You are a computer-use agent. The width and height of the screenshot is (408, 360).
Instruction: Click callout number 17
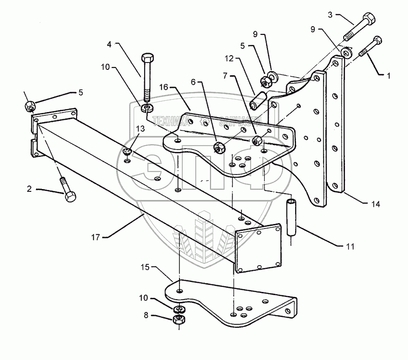click(96, 237)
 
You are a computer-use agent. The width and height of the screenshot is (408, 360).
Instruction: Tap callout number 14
click(375, 204)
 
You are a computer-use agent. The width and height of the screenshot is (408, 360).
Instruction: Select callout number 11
click(350, 246)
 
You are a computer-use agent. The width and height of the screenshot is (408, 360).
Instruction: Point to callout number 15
click(145, 267)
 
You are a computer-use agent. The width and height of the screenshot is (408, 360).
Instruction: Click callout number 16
click(164, 87)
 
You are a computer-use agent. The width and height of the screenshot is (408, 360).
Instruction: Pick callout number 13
click(140, 129)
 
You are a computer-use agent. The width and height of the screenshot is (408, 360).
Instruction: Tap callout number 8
click(146, 315)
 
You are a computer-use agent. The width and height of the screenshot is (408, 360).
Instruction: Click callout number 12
click(229, 58)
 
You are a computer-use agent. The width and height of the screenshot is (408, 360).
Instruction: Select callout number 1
click(389, 76)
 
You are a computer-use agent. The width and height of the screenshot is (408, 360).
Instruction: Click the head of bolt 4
click(147, 57)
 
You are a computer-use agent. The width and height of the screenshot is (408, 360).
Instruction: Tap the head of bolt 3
click(369, 18)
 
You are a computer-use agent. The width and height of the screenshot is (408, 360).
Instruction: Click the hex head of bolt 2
click(70, 196)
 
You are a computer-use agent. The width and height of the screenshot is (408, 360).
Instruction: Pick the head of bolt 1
click(378, 40)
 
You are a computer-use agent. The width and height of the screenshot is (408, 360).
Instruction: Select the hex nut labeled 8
click(179, 319)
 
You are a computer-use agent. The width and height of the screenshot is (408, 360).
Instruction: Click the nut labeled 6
click(219, 148)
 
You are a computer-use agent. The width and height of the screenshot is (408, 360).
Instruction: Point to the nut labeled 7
click(257, 140)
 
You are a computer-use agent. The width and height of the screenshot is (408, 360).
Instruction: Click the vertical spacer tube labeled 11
click(292, 217)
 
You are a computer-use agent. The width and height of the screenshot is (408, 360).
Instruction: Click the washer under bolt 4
click(147, 108)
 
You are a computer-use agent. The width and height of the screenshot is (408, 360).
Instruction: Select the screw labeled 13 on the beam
click(127, 151)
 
